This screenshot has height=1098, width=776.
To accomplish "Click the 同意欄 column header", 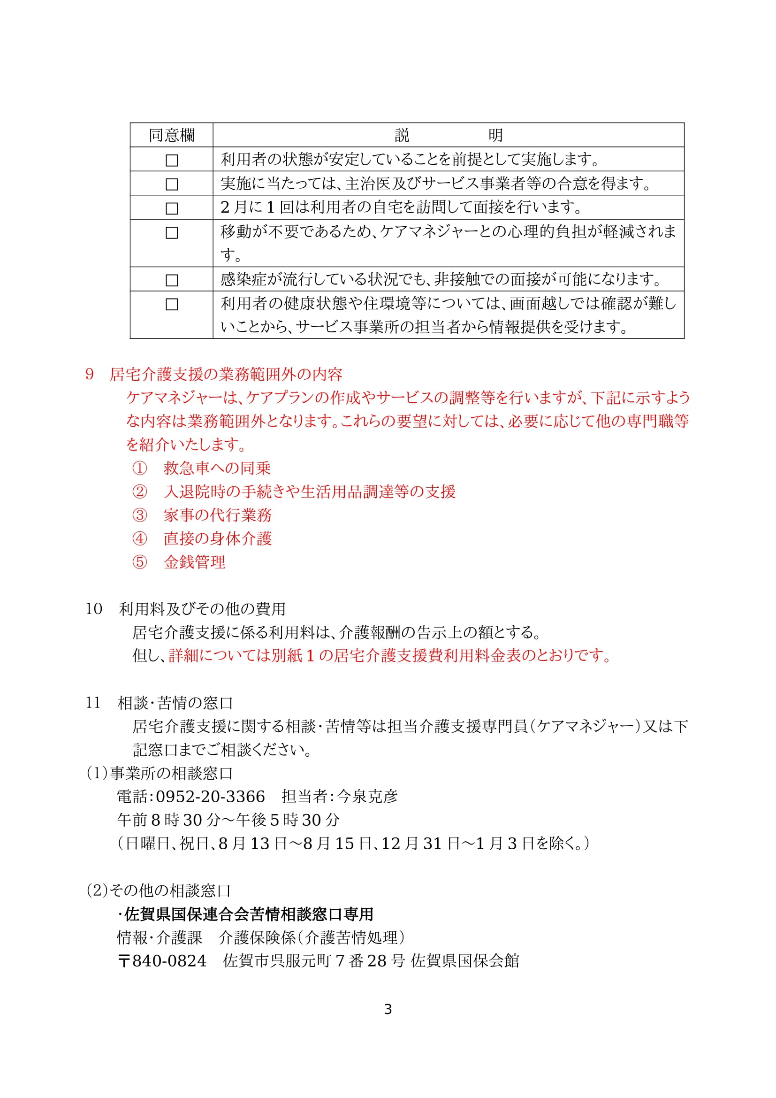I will pos(172,135).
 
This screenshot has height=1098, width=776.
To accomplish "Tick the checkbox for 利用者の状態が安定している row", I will pos(172,160).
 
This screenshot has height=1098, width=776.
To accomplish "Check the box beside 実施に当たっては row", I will pos(172,184).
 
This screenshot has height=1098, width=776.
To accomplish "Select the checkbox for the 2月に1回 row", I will pos(172,208).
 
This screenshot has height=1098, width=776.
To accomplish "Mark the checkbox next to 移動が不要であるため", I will pos(172,233).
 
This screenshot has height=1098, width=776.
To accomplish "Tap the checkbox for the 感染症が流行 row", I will pos(172,280).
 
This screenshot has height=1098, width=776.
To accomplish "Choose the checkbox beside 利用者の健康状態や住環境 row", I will pos(172,305).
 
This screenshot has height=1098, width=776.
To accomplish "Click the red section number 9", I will pos(89,375).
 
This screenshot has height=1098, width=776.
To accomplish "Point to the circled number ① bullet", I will pos(139,468).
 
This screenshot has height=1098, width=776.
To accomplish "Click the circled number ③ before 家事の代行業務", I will pos(139,515).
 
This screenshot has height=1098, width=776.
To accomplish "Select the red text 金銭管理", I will pos(195,562).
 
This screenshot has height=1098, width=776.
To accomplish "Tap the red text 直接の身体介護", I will pos(217,538).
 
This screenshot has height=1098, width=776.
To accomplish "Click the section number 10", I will pos(94,609).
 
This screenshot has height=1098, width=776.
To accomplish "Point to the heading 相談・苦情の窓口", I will pos(175,703).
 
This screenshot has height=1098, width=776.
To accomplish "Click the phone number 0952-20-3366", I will pos(210,797).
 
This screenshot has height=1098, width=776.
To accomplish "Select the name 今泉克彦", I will pos(367,797).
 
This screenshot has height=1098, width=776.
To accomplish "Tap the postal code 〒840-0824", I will pos(162,961).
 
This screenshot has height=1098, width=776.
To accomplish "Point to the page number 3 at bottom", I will pos(388,1010).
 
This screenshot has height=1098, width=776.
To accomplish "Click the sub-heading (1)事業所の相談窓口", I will pos(160,773).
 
